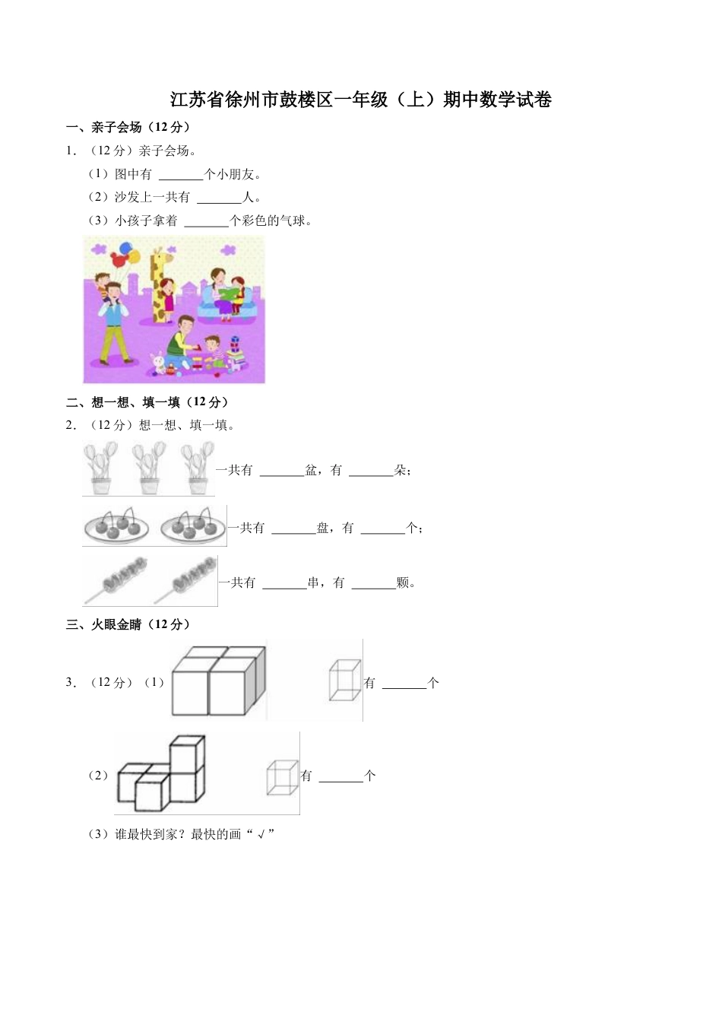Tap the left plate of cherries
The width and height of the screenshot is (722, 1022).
pos(117,525)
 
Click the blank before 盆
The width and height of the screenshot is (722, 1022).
pos(281,471)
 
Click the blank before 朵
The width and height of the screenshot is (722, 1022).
pos(371,471)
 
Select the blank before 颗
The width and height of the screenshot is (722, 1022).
pos(374,583)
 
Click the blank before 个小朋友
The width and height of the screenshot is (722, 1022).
pos(181,175)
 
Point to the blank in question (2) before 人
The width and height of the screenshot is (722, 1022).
pos(218,198)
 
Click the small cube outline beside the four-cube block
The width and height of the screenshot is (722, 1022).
pos(344,679)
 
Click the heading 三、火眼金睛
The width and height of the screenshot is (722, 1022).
pos(128,624)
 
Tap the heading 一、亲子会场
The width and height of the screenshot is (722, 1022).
pos(128,127)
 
